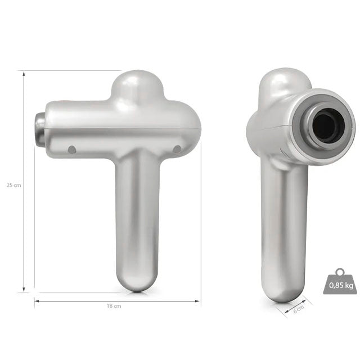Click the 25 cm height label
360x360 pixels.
tap(13, 185)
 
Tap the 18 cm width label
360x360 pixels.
tap(114, 306)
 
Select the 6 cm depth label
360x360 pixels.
tap(299, 309)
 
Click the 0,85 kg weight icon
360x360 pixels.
tap(340, 281)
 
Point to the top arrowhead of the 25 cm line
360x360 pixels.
tap(24, 74)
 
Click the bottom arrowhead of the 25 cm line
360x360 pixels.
tap(24, 290)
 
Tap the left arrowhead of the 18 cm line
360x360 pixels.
tap(37, 301)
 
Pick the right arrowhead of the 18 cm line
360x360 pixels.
tap(197, 301)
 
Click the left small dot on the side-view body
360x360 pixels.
tap(72, 150)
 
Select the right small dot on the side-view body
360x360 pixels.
tap(177, 150)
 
